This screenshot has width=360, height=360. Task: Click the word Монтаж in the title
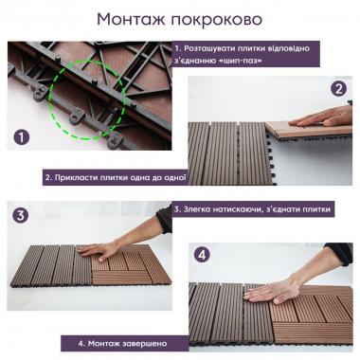(130, 19)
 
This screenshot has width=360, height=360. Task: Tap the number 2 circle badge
(337, 90)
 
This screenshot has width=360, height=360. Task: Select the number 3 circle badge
(21, 215)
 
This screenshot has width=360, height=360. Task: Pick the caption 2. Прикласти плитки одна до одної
(115, 177)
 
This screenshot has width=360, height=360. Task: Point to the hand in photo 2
(323, 117)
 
